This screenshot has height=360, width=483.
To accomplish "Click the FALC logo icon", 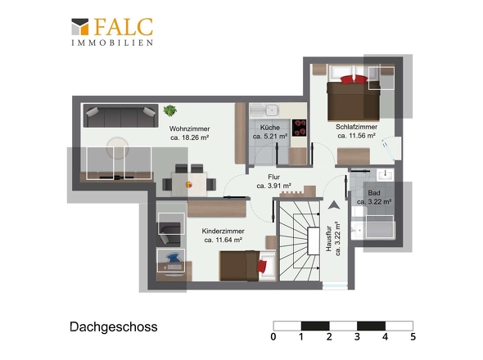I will point(80,29).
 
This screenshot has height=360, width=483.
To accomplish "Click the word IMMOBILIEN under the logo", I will point(111,43).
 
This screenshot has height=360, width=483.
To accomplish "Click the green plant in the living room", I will point(170,110).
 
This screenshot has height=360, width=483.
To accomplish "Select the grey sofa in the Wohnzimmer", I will point(121,117).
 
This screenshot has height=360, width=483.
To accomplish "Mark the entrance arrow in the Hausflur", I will point(333,206).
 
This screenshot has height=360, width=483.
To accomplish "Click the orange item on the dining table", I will point(189,184).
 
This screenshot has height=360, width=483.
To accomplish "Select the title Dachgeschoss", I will point(113,327).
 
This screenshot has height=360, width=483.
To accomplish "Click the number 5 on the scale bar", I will point(413,336).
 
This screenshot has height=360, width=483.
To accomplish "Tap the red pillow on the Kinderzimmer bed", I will point(261,265).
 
